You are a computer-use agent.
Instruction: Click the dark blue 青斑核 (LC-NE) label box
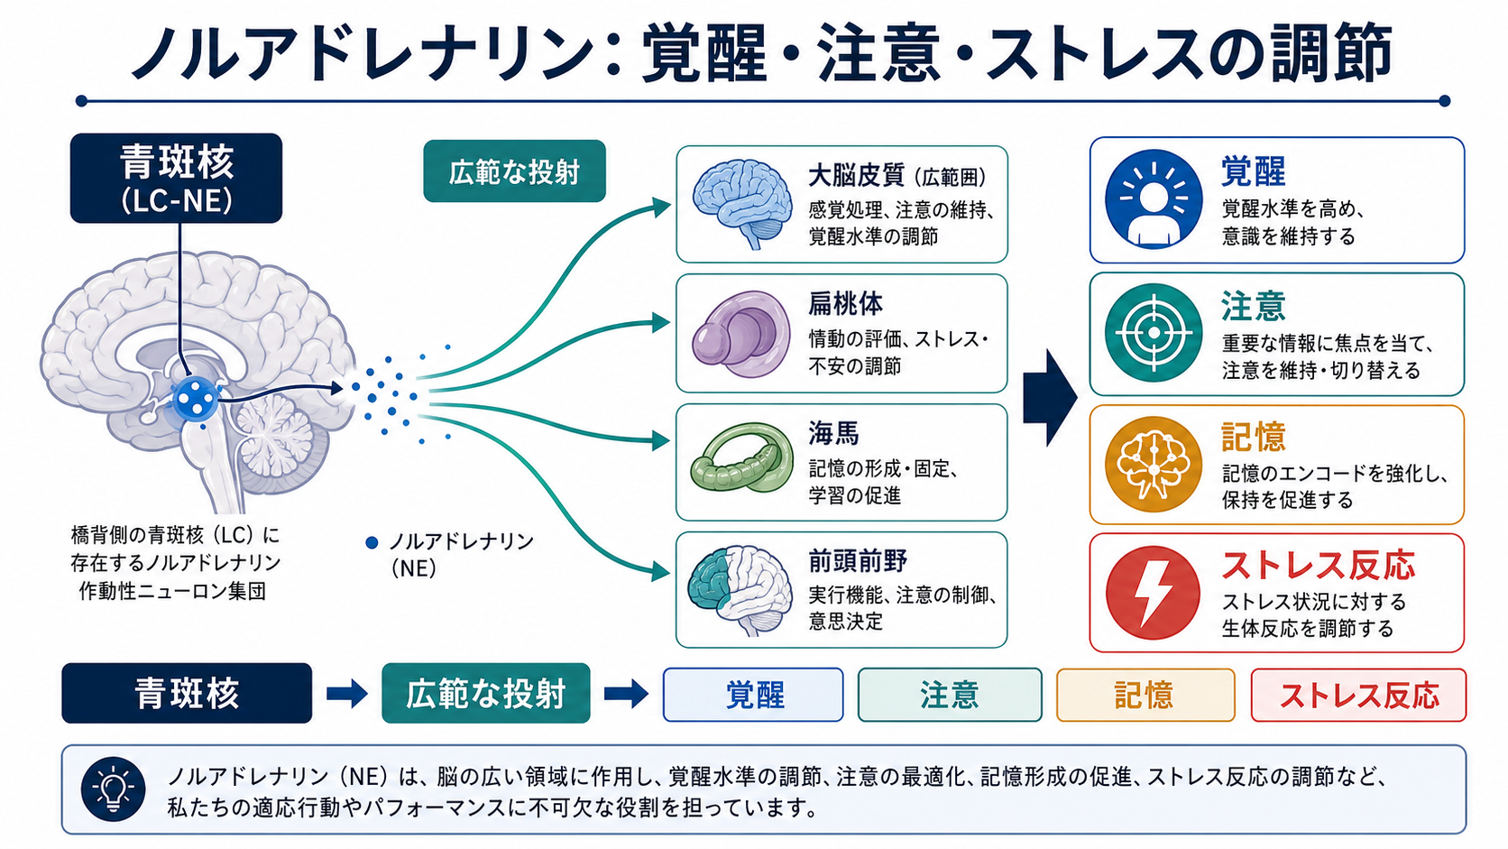point(177,178)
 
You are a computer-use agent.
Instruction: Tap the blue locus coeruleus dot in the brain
point(195,399)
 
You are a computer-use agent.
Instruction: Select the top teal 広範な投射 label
point(514,171)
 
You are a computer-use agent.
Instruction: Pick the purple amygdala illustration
point(741,333)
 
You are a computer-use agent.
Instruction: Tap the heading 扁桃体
point(846,304)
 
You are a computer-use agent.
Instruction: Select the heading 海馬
point(833,434)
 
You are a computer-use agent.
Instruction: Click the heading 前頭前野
point(858,560)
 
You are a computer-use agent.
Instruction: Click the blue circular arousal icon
point(1154,199)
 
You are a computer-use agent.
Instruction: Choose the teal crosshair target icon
point(1154,333)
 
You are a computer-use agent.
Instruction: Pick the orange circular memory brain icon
point(1154,465)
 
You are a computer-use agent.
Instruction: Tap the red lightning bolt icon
point(1154,593)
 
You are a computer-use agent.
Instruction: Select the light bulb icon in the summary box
point(113,789)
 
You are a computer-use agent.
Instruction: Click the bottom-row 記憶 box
point(1145,695)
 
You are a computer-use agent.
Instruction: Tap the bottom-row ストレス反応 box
point(1358,695)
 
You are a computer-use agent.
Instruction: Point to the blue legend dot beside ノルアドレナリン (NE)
point(371,542)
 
